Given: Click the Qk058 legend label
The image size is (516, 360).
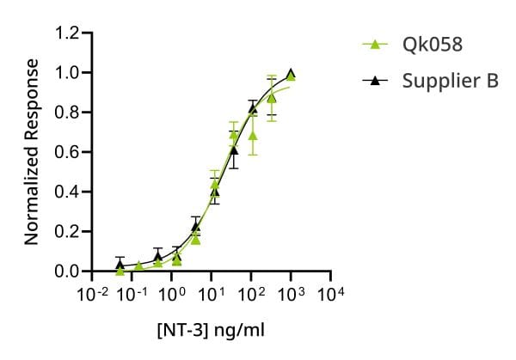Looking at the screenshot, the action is click(433, 44).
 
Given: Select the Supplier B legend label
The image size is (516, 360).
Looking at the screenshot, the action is click(450, 81).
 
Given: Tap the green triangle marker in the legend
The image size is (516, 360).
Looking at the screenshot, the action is click(375, 44).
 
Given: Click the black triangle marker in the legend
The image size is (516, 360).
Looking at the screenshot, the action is click(375, 80).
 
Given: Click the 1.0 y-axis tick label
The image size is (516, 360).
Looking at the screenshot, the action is click(67, 73).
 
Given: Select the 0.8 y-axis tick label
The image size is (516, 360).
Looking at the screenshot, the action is click(67, 113).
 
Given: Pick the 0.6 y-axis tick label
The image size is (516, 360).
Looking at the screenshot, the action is click(67, 152).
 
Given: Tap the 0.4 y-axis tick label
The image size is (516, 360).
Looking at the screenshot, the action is click(67, 192).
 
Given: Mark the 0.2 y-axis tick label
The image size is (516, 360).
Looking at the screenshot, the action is click(67, 231).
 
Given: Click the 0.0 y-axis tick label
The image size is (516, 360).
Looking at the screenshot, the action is click(67, 272).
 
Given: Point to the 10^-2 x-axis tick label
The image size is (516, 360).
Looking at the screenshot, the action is click(92, 294).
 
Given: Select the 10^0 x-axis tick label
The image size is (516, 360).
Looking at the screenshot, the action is click(172, 294).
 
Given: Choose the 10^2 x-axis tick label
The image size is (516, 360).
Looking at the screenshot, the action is click(251, 294).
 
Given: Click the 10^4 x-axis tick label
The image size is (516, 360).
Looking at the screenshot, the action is click(331, 294).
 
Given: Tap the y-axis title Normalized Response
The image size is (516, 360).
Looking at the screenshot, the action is click(32, 152).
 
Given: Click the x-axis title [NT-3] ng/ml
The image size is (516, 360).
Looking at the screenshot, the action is click(211, 330).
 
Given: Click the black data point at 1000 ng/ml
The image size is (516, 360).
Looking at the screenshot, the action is click(291, 73).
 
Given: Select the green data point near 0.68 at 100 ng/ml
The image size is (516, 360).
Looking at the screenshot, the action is click(253, 135).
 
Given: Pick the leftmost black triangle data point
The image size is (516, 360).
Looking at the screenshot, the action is click(120, 265).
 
